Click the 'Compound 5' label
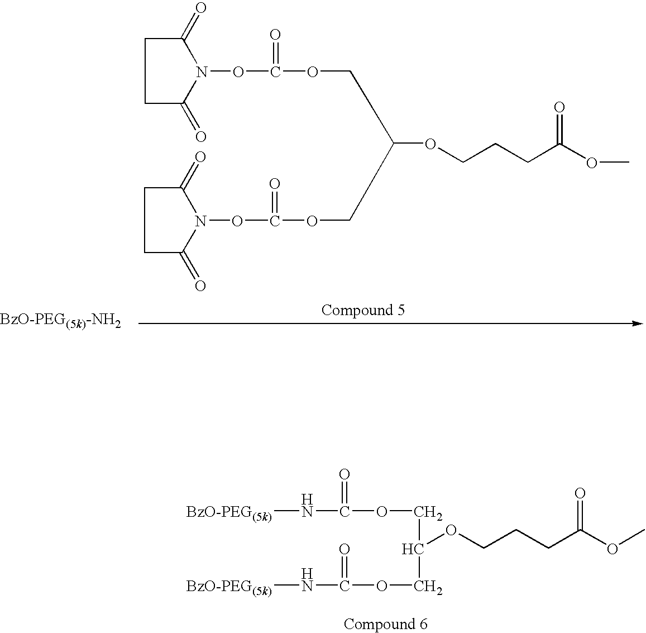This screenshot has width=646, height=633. (362, 310)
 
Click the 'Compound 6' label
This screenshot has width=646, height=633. (385, 624)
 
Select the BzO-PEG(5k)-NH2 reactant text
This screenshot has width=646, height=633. (60, 321)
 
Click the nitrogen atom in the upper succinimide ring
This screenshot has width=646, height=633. (201, 73)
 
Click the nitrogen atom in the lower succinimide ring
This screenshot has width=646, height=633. (200, 222)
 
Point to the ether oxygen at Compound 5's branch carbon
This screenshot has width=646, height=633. (430, 144)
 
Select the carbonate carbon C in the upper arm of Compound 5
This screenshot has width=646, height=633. (275, 73)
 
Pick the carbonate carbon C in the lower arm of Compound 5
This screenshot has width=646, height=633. (274, 222)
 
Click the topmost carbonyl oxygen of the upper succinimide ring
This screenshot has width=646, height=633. (200, 8)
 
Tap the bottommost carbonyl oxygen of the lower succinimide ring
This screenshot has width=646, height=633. (200, 286)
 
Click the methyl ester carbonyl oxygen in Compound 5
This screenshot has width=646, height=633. (559, 108)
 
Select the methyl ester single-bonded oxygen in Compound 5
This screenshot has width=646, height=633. (592, 163)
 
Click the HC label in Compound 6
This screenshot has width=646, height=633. (413, 549)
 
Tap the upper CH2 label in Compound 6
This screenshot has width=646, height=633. (428, 513)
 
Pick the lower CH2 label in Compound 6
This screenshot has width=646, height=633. (428, 587)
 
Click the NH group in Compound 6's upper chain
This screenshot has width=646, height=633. (307, 506)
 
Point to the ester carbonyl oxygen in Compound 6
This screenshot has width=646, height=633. (580, 493)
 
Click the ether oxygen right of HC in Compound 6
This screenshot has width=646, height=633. (451, 530)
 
